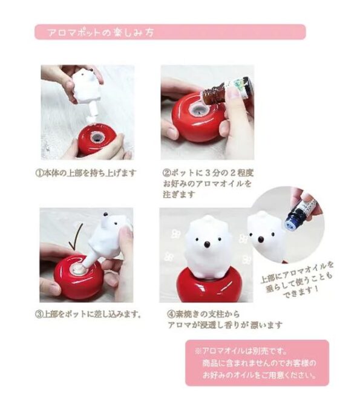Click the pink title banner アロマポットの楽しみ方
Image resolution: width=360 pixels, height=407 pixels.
click(x=170, y=32)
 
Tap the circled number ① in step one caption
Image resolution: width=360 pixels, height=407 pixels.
click(x=39, y=173)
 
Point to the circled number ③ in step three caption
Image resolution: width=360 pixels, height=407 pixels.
click(x=39, y=314)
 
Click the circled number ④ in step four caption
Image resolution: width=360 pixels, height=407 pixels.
click(x=171, y=314)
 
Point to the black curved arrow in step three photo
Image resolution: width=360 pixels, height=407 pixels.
click(x=76, y=238)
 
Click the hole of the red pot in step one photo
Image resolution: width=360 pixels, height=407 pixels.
click(x=97, y=137)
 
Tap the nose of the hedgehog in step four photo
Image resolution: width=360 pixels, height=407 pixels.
click(x=207, y=244)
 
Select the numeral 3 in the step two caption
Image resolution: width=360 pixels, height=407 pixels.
click(x=207, y=173)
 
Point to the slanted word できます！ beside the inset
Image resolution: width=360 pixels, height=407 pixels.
click(x=301, y=291)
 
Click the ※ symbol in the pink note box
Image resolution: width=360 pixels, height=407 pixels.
click(x=198, y=351)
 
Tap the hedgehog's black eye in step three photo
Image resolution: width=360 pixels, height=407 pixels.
click(x=105, y=215)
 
